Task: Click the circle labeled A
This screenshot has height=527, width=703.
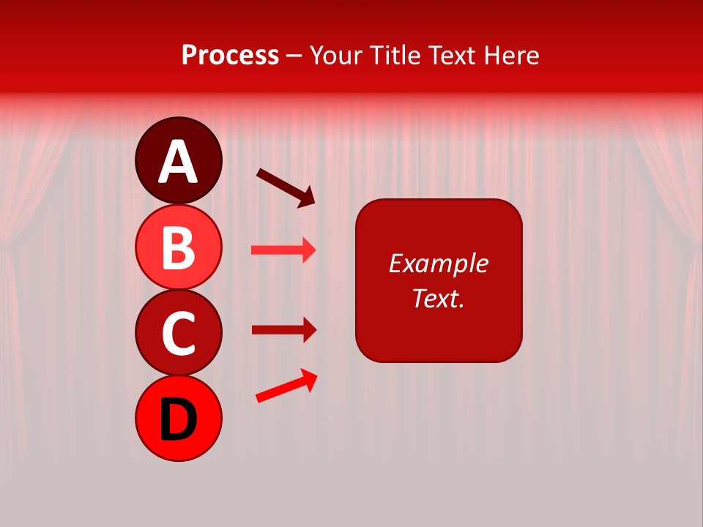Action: pos(178,160)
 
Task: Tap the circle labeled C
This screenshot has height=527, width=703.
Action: pos(178,333)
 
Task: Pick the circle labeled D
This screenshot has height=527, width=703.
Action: pos(178,419)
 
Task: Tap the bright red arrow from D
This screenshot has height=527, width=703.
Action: pos(286,386)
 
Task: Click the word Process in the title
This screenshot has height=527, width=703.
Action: pos(230,55)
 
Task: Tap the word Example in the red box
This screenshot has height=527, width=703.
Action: pos(438,263)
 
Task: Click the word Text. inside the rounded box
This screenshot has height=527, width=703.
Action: pos(438,298)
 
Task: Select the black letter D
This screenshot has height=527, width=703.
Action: pos(178,420)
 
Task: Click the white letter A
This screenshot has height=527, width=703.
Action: pos(178,162)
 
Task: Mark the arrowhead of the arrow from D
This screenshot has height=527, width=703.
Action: pos(310,379)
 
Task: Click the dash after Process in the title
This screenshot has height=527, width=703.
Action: pos(294,56)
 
